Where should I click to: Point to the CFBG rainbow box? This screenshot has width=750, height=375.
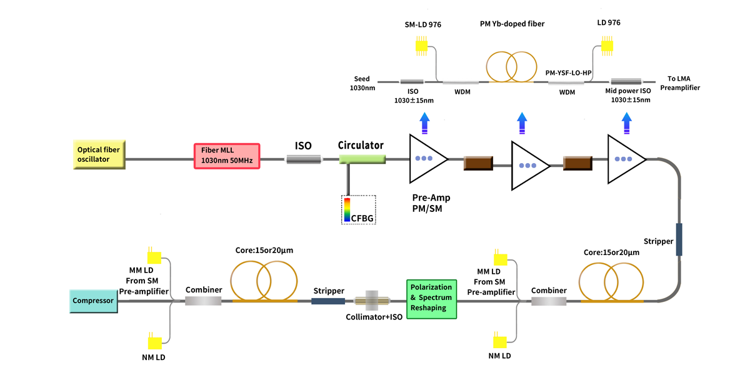click(358, 209)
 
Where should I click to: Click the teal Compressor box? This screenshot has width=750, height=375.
click(93, 301)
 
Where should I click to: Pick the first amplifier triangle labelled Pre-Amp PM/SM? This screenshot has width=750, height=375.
click(426, 159)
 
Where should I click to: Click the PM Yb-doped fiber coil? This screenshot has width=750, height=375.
click(511, 65)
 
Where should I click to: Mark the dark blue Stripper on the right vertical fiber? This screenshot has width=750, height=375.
click(679, 239)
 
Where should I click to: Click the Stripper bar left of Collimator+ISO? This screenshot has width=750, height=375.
click(328, 301)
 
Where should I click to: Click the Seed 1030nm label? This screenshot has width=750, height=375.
click(362, 83)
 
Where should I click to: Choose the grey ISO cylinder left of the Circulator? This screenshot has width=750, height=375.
click(304, 160)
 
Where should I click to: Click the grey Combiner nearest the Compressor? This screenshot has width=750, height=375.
click(203, 301)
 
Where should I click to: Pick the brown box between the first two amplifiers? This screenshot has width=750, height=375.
click(478, 164)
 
